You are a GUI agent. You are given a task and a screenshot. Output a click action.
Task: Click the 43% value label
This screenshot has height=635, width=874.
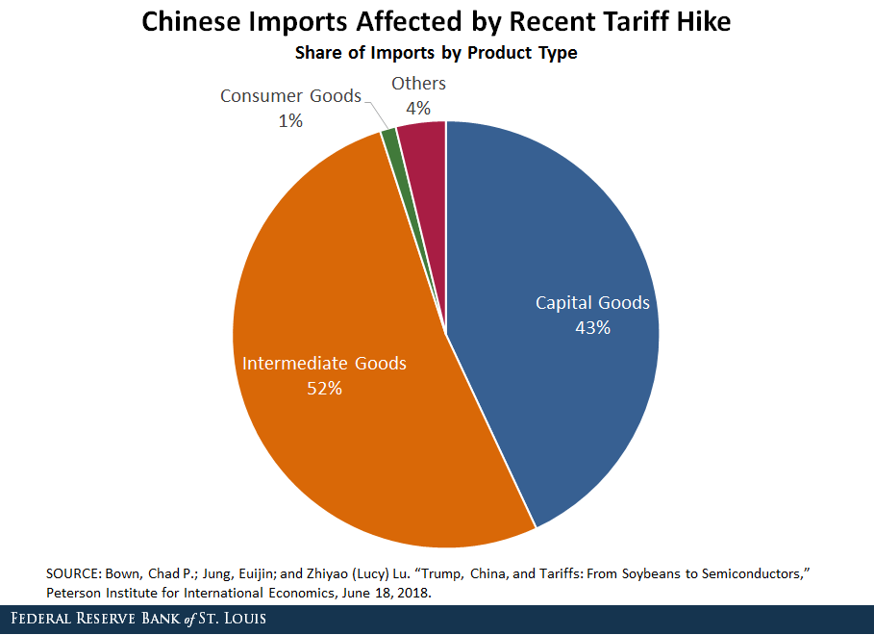[592, 327]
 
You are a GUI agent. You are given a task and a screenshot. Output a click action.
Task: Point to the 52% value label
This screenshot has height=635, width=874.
[324, 389]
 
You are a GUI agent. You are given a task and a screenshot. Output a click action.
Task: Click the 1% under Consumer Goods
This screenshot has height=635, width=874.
[290, 121]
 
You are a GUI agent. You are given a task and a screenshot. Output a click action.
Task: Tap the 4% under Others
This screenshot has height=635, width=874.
[418, 109]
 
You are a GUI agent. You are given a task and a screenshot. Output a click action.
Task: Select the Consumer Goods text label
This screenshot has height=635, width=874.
[290, 96]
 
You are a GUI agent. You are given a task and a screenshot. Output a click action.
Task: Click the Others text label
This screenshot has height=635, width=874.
[418, 84]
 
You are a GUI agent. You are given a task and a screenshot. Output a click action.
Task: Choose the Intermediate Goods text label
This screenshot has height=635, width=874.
[324, 364]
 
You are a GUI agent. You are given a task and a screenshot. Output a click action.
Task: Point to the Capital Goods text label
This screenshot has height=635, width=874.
[592, 303]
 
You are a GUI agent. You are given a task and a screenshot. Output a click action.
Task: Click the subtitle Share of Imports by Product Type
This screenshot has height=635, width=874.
[437, 53]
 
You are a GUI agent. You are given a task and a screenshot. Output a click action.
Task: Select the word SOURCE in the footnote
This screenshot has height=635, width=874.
[74, 573]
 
